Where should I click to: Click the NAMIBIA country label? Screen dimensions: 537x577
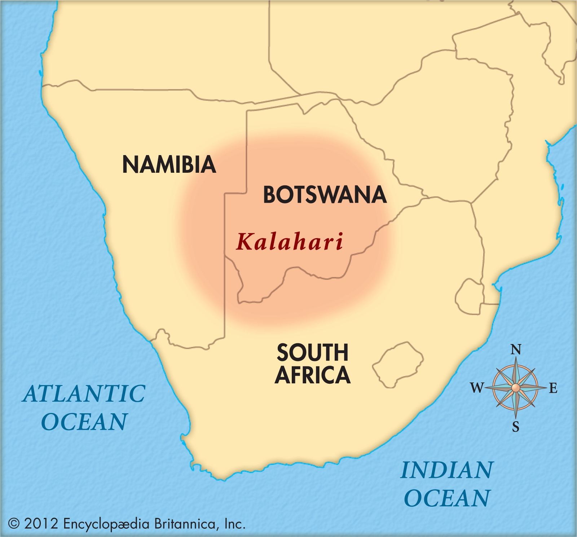pyautogui.click(x=169, y=164)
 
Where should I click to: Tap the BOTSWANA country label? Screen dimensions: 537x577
pyautogui.click(x=325, y=195)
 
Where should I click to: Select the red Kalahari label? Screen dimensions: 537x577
pyautogui.click(x=290, y=242)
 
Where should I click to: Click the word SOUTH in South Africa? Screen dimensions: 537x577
pyautogui.click(x=312, y=352)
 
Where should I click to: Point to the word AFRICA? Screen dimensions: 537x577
pyautogui.click(x=312, y=375)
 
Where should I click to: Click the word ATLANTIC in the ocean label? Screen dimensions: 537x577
pyautogui.click(x=84, y=393)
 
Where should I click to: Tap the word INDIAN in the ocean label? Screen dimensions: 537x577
pyautogui.click(x=446, y=470)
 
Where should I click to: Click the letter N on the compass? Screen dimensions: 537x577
pyautogui.click(x=516, y=349)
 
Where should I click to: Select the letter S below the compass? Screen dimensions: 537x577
pyautogui.click(x=516, y=427)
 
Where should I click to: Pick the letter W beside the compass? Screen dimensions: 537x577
pyautogui.click(x=477, y=388)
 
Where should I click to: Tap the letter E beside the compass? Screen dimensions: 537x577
pyautogui.click(x=553, y=388)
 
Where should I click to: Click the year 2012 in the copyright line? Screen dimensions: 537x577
pyautogui.click(x=41, y=524)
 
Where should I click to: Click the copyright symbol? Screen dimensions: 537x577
pyautogui.click(x=14, y=524)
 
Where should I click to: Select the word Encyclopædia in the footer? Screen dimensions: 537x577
pyautogui.click(x=106, y=524)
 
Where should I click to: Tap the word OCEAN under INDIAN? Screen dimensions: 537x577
pyautogui.click(x=447, y=498)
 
